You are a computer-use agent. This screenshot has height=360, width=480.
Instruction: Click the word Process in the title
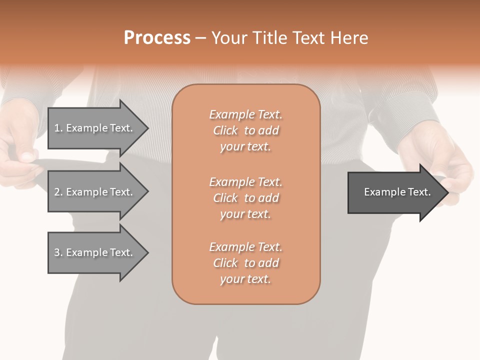click(157, 38)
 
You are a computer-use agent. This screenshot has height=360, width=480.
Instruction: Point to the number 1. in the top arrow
click(58, 128)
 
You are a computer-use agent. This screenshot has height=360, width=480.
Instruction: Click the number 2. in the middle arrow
click(58, 192)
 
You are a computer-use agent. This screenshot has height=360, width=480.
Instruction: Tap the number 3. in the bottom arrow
click(58, 252)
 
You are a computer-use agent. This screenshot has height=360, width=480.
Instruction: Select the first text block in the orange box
click(246, 130)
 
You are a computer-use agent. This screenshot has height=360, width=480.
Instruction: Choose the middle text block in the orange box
click(246, 198)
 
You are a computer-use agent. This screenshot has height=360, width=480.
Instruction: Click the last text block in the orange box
click(246, 263)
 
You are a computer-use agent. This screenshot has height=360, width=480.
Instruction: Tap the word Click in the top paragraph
click(225, 130)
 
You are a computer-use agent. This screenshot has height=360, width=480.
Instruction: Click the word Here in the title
click(350, 38)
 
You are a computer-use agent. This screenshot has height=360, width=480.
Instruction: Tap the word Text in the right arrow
click(419, 192)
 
